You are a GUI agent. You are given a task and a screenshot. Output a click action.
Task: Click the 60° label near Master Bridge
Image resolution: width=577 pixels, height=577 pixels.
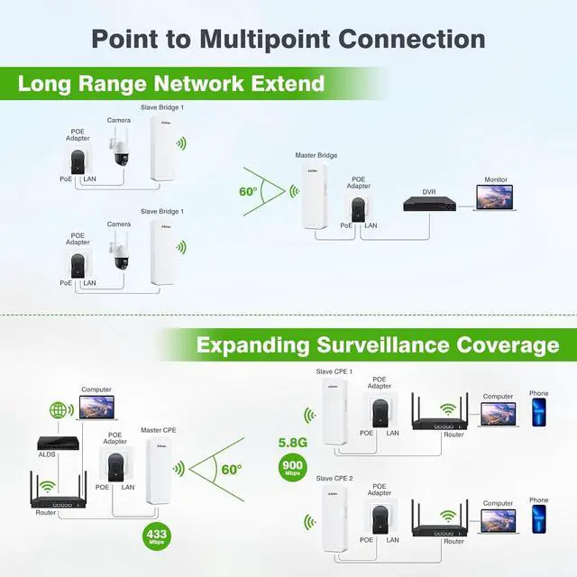click(x=248, y=190)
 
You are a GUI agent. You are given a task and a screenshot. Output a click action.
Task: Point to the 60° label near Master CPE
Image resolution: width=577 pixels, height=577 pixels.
click(x=231, y=470)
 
